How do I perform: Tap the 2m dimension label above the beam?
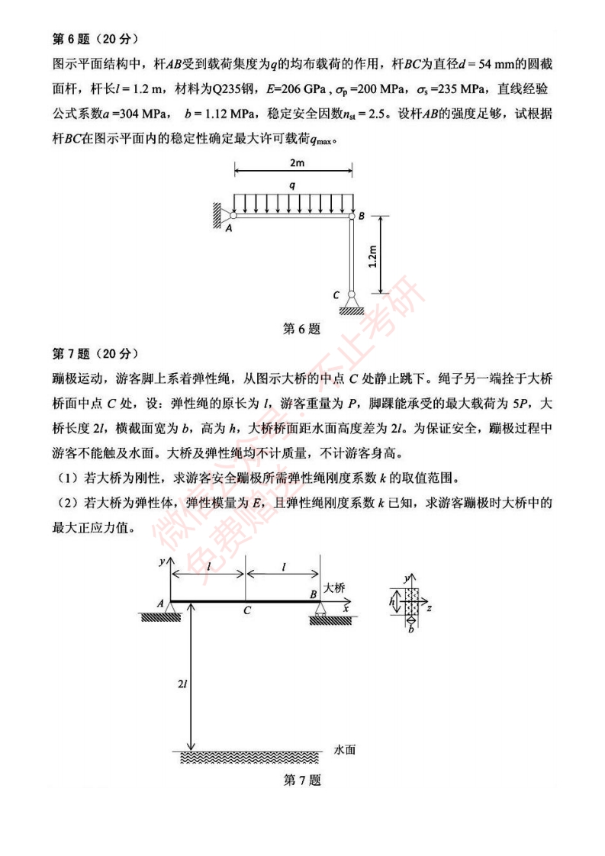click(x=293, y=163)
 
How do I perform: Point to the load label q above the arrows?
click(x=293, y=185)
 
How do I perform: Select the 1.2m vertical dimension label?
click(x=372, y=256)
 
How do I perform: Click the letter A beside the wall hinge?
click(x=228, y=226)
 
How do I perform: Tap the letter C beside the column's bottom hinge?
click(x=336, y=294)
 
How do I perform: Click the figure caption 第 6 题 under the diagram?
click(x=301, y=329)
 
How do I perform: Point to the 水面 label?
click(x=344, y=750)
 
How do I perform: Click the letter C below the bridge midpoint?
click(x=246, y=610)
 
